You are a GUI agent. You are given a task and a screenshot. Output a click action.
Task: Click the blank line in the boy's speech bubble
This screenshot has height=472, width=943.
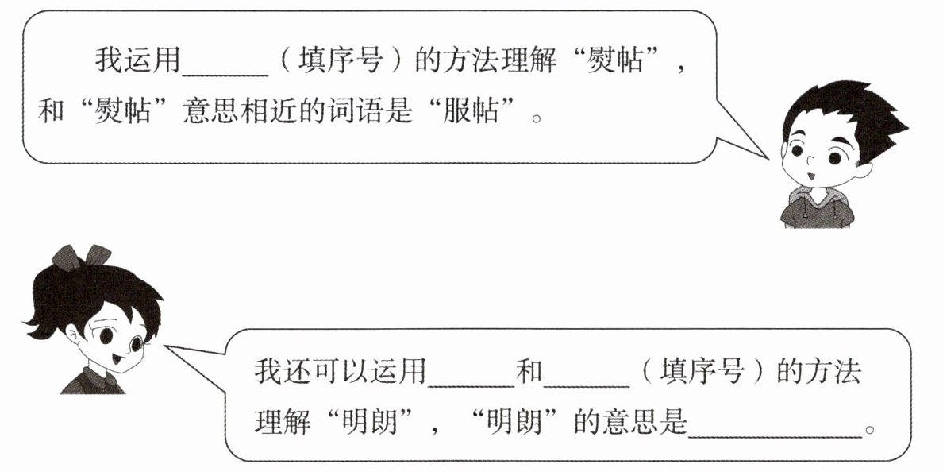225,75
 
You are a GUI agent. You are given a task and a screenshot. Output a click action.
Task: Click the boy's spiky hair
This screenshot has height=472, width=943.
854,114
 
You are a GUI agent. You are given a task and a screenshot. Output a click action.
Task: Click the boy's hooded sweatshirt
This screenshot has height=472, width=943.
817,208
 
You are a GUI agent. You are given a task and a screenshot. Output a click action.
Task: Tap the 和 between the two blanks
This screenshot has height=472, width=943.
529,371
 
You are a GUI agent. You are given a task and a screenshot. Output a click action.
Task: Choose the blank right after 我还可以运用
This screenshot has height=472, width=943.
470,385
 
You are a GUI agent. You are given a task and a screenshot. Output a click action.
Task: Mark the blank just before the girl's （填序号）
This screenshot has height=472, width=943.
586,385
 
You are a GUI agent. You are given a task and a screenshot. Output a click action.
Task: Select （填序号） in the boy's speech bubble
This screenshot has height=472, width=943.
341,61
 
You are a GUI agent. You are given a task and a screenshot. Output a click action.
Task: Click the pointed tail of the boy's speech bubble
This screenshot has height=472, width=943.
768,158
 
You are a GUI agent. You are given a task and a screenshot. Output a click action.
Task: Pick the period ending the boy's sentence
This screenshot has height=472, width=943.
537,117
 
